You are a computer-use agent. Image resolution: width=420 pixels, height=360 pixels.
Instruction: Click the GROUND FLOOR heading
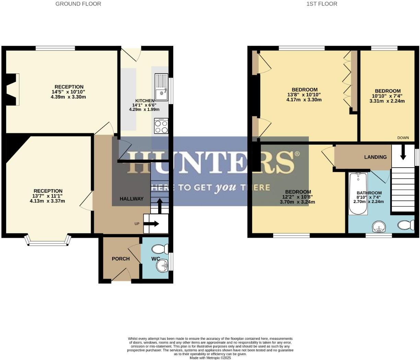pyautogui.click(x=78, y=4)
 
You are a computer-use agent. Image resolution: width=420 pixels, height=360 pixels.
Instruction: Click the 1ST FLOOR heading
pyautogui.click(x=322, y=4)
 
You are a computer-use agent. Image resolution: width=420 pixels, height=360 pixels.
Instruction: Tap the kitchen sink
pyautogui.click(x=161, y=88)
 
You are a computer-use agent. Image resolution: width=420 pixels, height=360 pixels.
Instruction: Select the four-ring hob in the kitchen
pyautogui.click(x=161, y=126)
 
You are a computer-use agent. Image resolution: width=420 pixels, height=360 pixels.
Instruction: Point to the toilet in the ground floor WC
pyautogui.click(x=160, y=248)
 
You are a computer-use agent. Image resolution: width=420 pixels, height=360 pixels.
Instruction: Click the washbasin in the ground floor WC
pyautogui.click(x=162, y=265)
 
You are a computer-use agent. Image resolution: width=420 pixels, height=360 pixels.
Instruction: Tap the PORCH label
pyautogui.click(x=120, y=259)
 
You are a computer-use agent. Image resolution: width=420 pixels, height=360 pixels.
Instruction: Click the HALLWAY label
pyautogui.click(x=131, y=199)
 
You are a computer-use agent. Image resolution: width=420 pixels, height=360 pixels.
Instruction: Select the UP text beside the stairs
pyautogui.click(x=137, y=224)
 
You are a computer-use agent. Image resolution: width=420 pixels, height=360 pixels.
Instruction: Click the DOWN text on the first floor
pyautogui.click(x=403, y=138)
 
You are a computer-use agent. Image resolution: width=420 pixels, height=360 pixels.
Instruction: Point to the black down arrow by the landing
pyautogui.click(x=403, y=153)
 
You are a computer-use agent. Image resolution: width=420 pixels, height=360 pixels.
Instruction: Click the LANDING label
pyautogui.click(x=375, y=157)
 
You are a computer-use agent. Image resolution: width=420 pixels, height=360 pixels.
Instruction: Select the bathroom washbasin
pyautogui.click(x=379, y=227)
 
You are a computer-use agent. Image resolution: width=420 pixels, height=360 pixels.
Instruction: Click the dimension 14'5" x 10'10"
pyautogui.click(x=68, y=92)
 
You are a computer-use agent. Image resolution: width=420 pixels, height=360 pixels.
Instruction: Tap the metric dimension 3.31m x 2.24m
pyautogui.click(x=387, y=101)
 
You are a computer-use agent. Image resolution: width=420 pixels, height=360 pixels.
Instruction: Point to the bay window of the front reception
pyautogui.click(x=49, y=241)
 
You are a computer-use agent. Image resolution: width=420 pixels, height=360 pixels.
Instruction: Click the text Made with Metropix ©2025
pyautogui.click(x=210, y=358)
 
